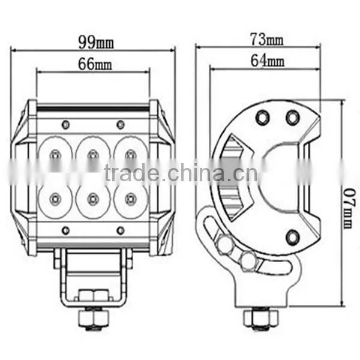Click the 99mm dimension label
(x=96, y=42)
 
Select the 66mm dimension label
(x=95, y=64)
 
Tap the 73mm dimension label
(x=267, y=39)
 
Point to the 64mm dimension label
(x=268, y=60)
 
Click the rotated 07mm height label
(x=349, y=208)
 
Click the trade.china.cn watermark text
(x=181, y=173)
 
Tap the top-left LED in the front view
(x=55, y=155)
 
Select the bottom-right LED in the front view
(x=131, y=199)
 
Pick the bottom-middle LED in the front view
(x=93, y=199)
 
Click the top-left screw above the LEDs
(x=65, y=124)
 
